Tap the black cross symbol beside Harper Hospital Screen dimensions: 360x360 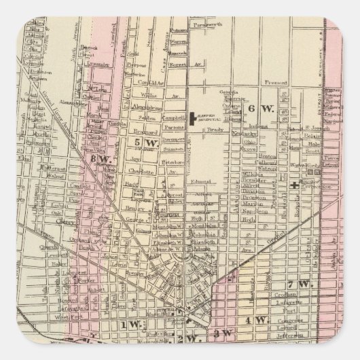(194, 118)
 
